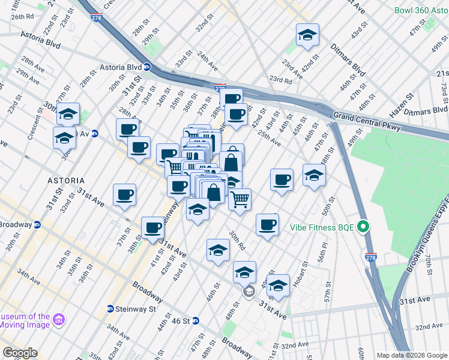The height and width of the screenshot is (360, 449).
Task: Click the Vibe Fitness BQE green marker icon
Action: (362, 227)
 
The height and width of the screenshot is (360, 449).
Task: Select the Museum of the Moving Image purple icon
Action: (58, 321)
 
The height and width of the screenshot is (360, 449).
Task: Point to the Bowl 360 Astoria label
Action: (420, 11)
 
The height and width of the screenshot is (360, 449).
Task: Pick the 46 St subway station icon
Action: (195, 321)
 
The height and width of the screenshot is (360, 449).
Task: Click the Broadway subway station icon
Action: (37, 224)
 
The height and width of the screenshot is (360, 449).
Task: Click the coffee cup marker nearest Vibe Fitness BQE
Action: (267, 225)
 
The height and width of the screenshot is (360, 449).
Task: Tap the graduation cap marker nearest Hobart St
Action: (278, 285)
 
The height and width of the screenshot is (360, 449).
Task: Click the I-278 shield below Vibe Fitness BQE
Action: (370, 256)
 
